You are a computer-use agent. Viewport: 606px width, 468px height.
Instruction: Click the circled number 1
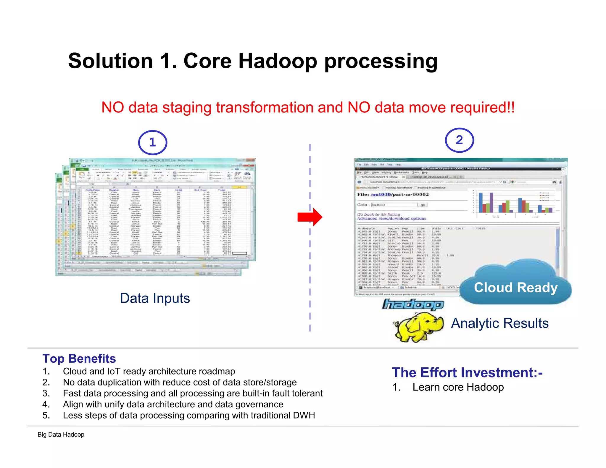tap(152, 143)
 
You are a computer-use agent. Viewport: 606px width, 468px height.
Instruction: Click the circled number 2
tap(459, 140)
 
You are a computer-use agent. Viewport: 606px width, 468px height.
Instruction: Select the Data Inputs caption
tap(155, 298)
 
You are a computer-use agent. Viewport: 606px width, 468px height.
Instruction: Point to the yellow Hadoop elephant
tap(418, 327)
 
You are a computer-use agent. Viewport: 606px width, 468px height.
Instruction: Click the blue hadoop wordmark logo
tap(413, 304)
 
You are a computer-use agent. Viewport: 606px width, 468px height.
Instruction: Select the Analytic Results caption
tap(500, 323)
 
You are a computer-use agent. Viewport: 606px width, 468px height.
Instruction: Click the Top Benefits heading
tap(79, 359)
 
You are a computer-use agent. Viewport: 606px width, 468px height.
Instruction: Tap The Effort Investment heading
tap(467, 372)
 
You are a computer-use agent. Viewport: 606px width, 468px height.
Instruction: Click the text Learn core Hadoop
tap(458, 387)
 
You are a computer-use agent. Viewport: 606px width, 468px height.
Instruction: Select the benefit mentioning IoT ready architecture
tap(149, 371)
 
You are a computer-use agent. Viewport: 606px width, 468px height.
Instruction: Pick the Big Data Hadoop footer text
tap(61, 435)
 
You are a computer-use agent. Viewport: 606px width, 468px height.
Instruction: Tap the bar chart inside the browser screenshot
tap(515, 203)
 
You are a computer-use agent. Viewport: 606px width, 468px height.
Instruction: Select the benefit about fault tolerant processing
tap(192, 393)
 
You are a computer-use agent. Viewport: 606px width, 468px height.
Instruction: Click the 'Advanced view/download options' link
tap(391, 219)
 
